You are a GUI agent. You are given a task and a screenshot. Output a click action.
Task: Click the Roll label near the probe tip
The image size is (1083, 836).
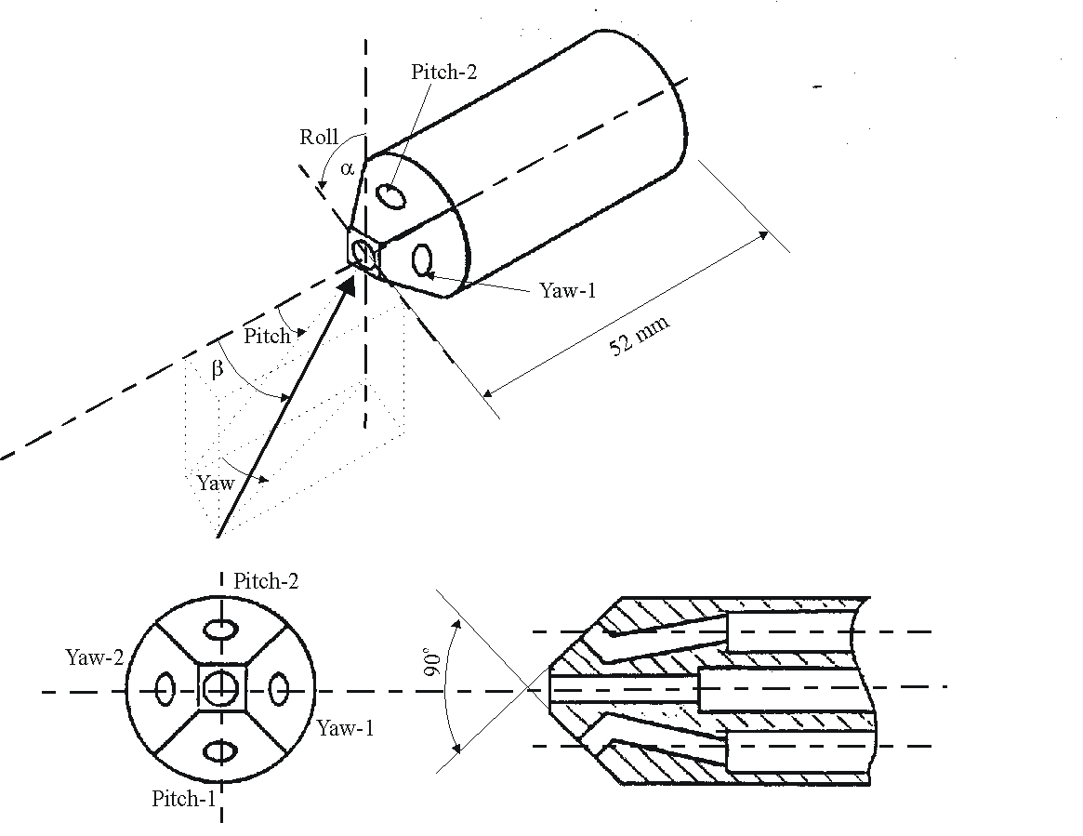(319, 138)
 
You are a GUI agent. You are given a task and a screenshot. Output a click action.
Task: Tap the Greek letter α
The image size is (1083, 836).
(347, 168)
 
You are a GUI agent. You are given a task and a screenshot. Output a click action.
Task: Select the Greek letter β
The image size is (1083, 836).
(218, 369)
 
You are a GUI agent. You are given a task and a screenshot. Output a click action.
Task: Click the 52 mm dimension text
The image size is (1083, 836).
(639, 336)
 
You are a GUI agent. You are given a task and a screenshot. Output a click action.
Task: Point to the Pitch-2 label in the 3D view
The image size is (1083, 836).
(444, 73)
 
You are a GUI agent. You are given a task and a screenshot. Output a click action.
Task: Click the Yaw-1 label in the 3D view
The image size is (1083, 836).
(567, 290)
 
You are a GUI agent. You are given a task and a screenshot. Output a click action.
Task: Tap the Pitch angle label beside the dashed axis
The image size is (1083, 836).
(267, 336)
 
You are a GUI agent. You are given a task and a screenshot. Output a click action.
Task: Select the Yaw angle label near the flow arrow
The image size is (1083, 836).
(215, 484)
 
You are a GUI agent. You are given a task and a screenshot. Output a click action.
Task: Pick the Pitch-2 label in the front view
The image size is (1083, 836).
(267, 582)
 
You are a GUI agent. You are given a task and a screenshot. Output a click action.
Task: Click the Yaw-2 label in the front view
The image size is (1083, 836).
(94, 657)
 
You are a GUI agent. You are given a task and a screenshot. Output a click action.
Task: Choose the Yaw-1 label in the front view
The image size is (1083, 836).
(345, 728)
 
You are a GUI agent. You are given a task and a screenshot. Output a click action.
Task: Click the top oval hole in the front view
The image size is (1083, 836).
(220, 630)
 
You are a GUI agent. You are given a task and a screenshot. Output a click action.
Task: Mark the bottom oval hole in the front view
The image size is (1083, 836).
(220, 750)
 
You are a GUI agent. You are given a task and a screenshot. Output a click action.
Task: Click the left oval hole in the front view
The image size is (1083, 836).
(165, 690)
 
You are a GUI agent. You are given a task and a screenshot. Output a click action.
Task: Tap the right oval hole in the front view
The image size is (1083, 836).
(278, 690)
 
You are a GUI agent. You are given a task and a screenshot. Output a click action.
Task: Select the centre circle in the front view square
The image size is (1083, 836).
(220, 689)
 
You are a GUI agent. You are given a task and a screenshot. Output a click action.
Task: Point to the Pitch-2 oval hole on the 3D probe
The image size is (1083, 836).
(391, 196)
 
